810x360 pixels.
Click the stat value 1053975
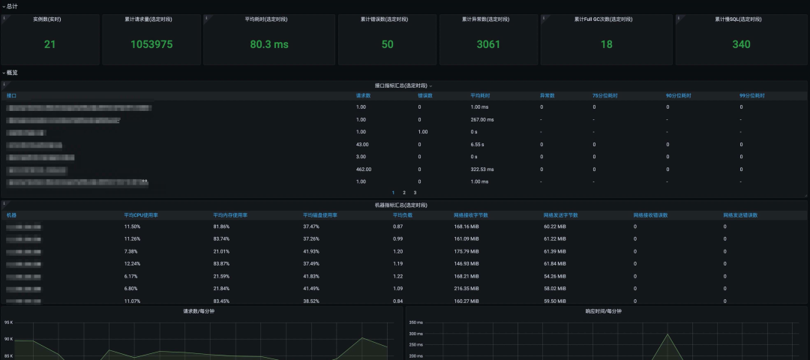click(151, 44)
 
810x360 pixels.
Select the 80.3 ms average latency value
click(269, 44)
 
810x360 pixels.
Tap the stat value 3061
click(488, 44)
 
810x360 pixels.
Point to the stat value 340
click(741, 44)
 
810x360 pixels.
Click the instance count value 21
click(49, 44)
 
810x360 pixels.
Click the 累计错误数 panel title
click(387, 19)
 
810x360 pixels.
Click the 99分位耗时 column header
click(751, 96)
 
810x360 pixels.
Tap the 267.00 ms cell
click(482, 120)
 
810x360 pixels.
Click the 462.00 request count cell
click(364, 169)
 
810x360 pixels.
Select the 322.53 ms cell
click(482, 169)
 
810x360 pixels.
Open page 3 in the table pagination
click(415, 193)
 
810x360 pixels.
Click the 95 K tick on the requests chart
click(8, 322)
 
